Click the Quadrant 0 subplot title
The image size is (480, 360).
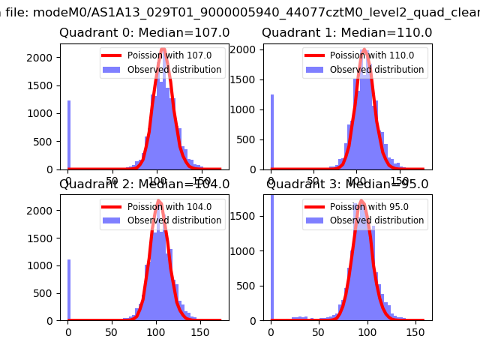tap(144, 33)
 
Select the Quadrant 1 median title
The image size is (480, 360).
tap(346, 33)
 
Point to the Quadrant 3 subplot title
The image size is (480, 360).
tap(347, 184)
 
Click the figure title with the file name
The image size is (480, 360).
tap(240, 11)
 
